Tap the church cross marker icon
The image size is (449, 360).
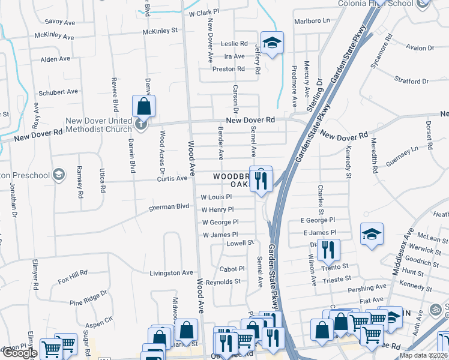[141, 125]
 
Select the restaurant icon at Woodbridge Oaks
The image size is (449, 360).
[261, 179]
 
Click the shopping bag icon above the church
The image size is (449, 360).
[144, 107]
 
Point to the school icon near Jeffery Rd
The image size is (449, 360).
[272, 43]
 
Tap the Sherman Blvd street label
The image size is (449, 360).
[169, 207]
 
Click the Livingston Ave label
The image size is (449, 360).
[171, 273]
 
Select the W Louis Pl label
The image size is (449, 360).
[216, 197]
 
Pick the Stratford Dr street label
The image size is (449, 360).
[411, 80]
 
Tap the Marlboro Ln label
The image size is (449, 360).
[312, 20]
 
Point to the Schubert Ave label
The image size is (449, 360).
[58, 92]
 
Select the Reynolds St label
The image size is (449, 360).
[223, 281]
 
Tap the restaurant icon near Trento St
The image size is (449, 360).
[328, 249]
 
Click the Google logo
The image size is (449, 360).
[20, 353]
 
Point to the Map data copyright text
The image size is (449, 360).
[424, 355]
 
